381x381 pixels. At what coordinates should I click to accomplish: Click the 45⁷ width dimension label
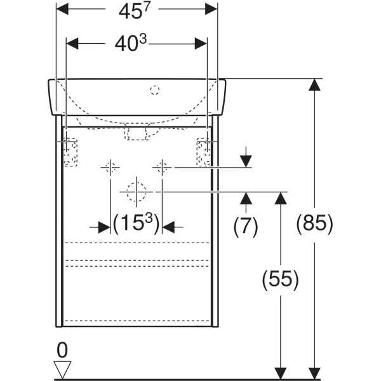point(135,10)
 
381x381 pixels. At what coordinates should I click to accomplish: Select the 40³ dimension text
point(131,43)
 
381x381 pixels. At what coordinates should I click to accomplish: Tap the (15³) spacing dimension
point(137,223)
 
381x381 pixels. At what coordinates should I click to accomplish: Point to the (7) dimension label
point(245,227)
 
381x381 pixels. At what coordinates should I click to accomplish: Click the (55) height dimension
point(280,280)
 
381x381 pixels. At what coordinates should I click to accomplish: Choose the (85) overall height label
point(314,224)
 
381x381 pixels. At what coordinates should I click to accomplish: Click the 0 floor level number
point(62,350)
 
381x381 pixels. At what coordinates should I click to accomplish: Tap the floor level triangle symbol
point(62,370)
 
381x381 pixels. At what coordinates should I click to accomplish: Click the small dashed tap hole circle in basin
point(155,90)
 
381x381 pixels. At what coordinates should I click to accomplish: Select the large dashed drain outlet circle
point(136,192)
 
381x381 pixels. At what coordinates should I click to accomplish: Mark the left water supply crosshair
point(110,168)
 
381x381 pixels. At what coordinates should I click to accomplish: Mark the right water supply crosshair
point(162,168)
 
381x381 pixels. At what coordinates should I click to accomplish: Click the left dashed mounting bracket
point(70,152)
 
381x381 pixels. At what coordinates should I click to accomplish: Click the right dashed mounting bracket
point(204,152)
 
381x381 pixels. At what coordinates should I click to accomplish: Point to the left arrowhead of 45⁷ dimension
point(62,9)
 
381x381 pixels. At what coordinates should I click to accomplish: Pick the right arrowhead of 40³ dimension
point(201,44)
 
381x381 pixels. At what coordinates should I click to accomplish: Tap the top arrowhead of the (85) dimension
point(314,85)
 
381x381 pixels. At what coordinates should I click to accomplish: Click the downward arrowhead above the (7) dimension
point(246,161)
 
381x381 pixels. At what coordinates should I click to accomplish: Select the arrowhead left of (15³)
point(104,227)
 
